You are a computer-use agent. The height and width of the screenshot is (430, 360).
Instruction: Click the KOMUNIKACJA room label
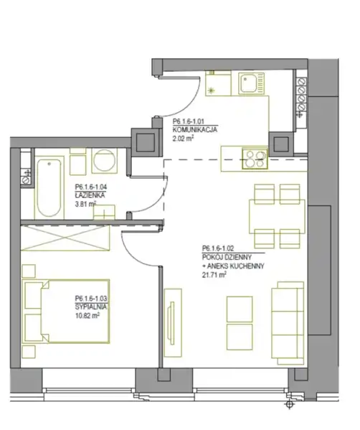coord(194,130)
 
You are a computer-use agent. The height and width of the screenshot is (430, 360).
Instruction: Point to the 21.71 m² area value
coord(214,274)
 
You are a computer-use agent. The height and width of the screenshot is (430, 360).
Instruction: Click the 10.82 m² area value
coord(87,316)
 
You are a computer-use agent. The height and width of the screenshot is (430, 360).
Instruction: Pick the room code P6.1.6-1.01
coord(188,121)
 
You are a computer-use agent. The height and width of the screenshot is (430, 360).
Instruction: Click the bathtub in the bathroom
coord(49,187)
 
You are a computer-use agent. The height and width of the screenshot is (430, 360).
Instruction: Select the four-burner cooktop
coord(255,159)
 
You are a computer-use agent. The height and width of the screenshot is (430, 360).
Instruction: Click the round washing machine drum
coord(104,160)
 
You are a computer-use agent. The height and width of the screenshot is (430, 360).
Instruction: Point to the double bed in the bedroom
coord(66,312)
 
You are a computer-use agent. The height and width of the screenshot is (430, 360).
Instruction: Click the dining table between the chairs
coord(277,217)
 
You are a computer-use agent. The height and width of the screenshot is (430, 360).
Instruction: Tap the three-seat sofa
coord(288,323)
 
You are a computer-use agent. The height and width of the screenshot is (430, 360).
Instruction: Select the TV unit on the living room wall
coord(173,323)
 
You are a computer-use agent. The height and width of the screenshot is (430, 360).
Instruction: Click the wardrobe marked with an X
coord(65,238)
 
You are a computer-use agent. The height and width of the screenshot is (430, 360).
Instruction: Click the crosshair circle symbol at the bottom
coord(290,404)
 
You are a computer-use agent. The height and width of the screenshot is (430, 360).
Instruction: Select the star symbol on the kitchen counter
coord(211,90)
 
